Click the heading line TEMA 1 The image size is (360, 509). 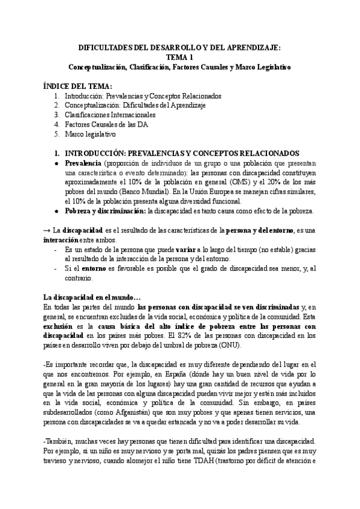[x=179, y=58]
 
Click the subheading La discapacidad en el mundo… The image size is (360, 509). [x=92, y=297]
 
